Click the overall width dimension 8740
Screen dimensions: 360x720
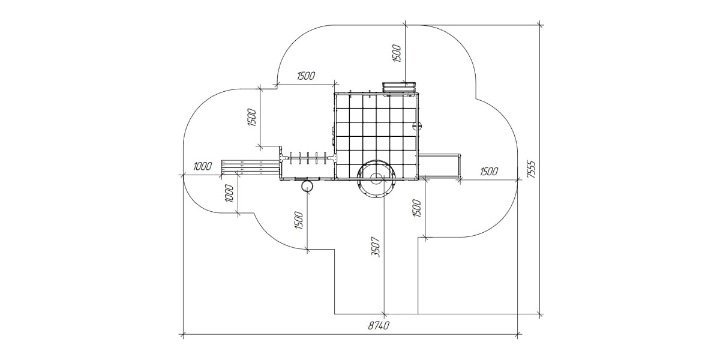pyautogui.click(x=378, y=326)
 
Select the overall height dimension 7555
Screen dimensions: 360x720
pyautogui.click(x=530, y=170)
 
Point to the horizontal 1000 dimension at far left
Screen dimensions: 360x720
pyautogui.click(x=203, y=166)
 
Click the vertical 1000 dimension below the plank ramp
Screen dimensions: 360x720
pyautogui.click(x=229, y=194)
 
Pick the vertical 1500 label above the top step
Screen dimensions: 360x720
pyautogui.click(x=396, y=52)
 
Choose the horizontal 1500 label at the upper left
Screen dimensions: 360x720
pyautogui.click(x=305, y=76)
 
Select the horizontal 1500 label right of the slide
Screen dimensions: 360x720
pyautogui.click(x=488, y=171)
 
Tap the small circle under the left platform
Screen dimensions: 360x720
pyautogui.click(x=307, y=186)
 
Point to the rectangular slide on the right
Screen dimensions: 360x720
pyautogui.click(x=439, y=165)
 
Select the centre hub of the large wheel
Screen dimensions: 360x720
pyautogui.click(x=376, y=178)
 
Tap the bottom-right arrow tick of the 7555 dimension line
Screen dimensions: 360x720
pyautogui.click(x=540, y=314)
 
